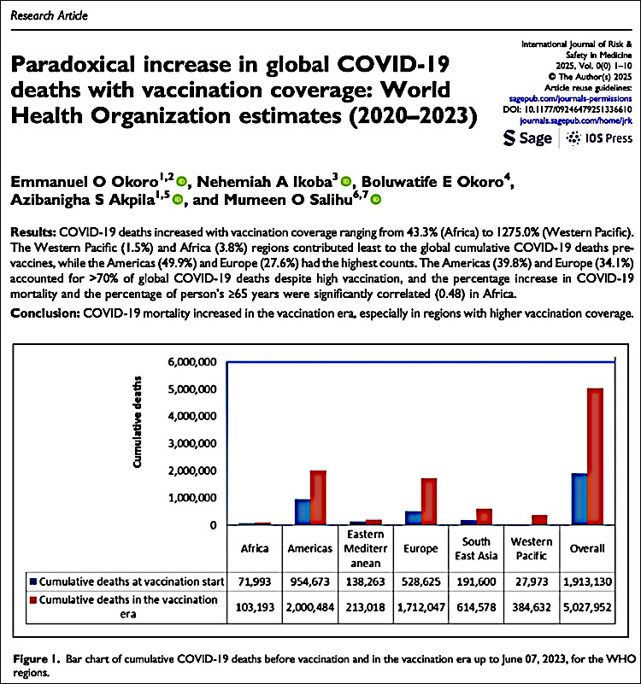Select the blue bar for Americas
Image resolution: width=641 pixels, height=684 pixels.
pos(303,512)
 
